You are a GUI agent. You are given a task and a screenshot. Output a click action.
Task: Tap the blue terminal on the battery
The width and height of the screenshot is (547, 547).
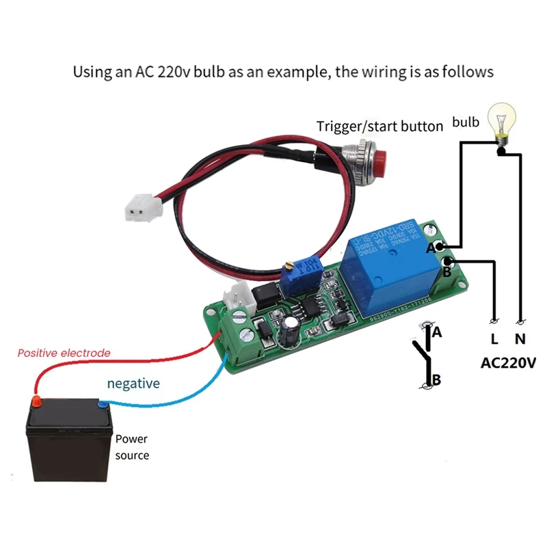click(103, 404)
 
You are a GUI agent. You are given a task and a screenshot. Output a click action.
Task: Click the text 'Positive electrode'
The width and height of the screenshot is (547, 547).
click(64, 353)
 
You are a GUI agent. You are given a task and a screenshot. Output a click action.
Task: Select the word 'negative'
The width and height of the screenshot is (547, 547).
click(133, 383)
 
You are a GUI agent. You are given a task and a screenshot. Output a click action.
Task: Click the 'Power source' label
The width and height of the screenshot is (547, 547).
click(131, 446)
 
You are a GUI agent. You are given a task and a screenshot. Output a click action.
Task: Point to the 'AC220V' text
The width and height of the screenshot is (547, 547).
click(508, 362)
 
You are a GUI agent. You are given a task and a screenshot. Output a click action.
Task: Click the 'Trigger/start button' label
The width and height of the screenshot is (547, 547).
click(379, 126)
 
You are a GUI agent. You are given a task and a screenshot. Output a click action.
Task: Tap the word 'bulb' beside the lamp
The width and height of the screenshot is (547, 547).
click(465, 123)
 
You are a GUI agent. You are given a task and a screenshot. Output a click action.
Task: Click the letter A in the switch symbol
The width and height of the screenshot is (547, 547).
click(437, 332)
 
